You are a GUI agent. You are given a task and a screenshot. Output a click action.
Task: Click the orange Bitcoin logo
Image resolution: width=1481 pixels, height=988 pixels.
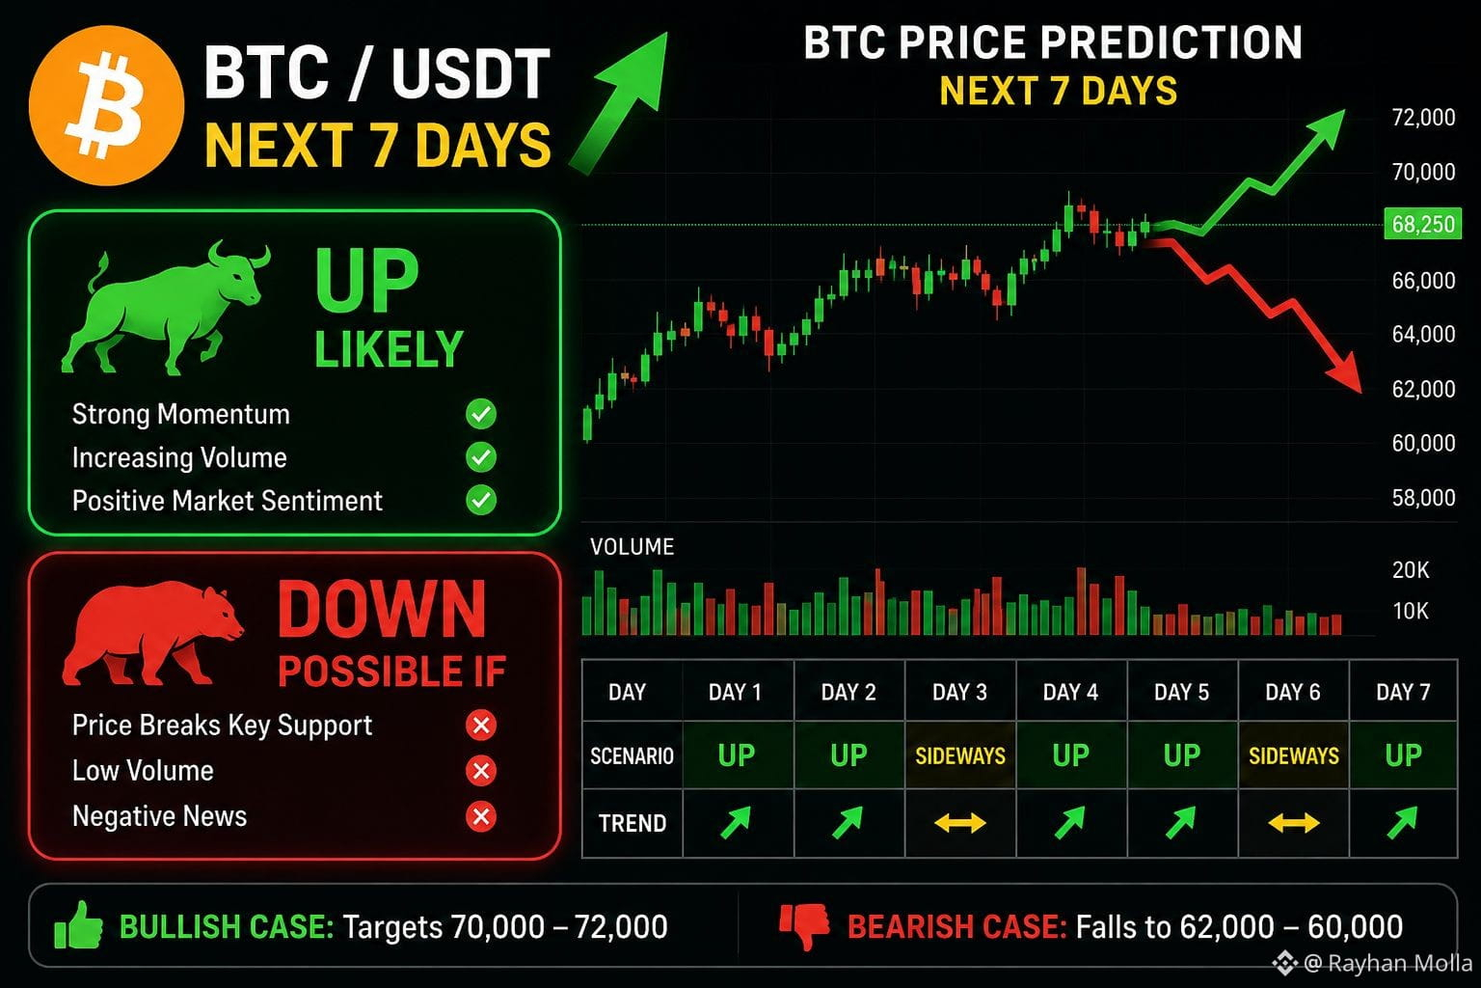106,105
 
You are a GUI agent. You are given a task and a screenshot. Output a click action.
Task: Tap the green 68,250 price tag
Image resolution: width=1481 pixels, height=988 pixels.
1423,225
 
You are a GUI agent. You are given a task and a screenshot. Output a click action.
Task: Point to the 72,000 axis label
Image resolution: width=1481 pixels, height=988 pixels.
1423,117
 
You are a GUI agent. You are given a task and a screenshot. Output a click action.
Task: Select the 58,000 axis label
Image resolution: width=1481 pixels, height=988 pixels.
1423,498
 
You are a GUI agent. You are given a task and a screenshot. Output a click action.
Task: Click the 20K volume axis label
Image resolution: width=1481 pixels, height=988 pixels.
1411,570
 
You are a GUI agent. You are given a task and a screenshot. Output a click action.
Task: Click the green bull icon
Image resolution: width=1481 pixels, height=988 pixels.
165,309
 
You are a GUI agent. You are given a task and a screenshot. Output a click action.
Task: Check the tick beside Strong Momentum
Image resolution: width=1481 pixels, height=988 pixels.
481,414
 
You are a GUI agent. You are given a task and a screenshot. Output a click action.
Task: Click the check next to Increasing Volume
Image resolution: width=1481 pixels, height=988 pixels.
481,457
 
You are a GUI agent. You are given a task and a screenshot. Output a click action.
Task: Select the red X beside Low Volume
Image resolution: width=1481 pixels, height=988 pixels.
481,771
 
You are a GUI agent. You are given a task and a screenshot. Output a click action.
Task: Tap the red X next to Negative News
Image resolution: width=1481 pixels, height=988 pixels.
481,816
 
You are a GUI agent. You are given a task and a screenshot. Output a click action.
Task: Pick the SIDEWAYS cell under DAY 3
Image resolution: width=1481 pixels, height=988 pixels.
960,755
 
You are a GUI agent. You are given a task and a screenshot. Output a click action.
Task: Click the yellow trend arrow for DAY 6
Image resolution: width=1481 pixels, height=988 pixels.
1293,823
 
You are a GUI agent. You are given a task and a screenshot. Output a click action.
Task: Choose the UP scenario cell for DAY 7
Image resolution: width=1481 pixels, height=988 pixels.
1403,755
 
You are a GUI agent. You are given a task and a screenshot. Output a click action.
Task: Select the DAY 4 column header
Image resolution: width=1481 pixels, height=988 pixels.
1070,692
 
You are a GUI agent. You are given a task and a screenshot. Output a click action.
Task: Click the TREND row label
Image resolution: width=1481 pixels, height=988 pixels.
633,823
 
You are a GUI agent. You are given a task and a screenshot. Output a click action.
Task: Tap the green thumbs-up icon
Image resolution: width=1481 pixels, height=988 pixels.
78,925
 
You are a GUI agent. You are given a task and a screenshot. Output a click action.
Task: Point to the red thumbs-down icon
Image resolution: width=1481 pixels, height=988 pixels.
804,926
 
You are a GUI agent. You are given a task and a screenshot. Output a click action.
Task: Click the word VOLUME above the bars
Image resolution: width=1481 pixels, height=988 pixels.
633,547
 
